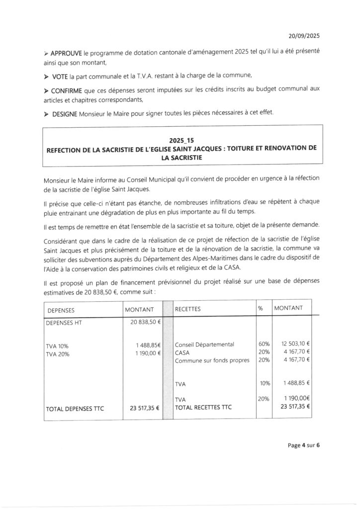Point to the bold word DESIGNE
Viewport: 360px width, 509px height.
[x=64, y=114]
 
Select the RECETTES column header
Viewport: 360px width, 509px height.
[x=187, y=309]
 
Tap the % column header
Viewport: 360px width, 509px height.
[x=260, y=309]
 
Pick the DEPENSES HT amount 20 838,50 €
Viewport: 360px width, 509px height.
[x=144, y=322]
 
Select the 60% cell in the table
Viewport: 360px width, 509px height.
[x=264, y=344]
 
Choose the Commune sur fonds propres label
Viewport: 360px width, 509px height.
[x=212, y=360]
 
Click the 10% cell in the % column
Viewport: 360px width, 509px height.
[x=264, y=383]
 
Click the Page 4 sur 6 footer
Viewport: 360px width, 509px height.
[x=303, y=445]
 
